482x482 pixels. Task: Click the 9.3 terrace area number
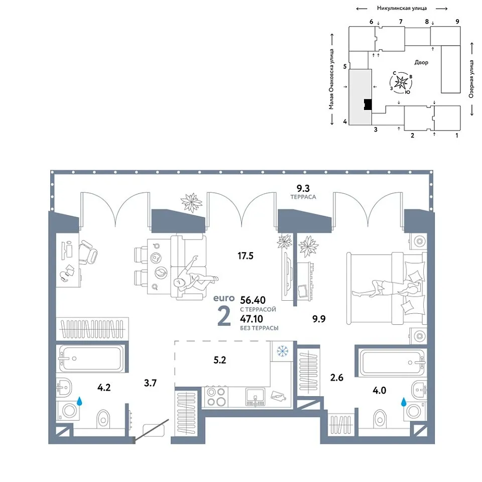pyautogui.click(x=303, y=188)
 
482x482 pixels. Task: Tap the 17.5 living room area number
pyautogui.click(x=246, y=256)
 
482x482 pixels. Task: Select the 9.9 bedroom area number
pyautogui.click(x=319, y=319)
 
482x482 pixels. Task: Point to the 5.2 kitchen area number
pyautogui.click(x=220, y=360)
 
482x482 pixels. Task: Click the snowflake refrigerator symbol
pyautogui.click(x=283, y=351)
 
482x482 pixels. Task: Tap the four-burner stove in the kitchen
pyautogui.click(x=216, y=397)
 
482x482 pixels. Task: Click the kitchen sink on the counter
pyautogui.click(x=255, y=397)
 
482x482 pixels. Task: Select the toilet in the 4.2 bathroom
pyautogui.click(x=103, y=419)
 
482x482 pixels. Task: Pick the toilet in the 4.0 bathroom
pyautogui.click(x=380, y=419)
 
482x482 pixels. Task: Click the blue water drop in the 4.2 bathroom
pyautogui.click(x=80, y=401)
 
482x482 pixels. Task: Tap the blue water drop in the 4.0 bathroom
pyautogui.click(x=404, y=402)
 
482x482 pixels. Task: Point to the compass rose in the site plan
pyautogui.click(x=401, y=82)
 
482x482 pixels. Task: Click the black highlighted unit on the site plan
pyautogui.click(x=368, y=104)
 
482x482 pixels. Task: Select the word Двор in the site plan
pyautogui.click(x=421, y=62)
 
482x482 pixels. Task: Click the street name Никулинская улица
pyautogui.click(x=402, y=9)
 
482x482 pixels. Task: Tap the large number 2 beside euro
pyautogui.click(x=224, y=317)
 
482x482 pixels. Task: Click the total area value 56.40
pyautogui.click(x=253, y=300)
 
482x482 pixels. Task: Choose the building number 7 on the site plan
pyautogui.click(x=401, y=22)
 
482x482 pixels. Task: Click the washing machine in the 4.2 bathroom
pyautogui.click(x=68, y=410)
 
